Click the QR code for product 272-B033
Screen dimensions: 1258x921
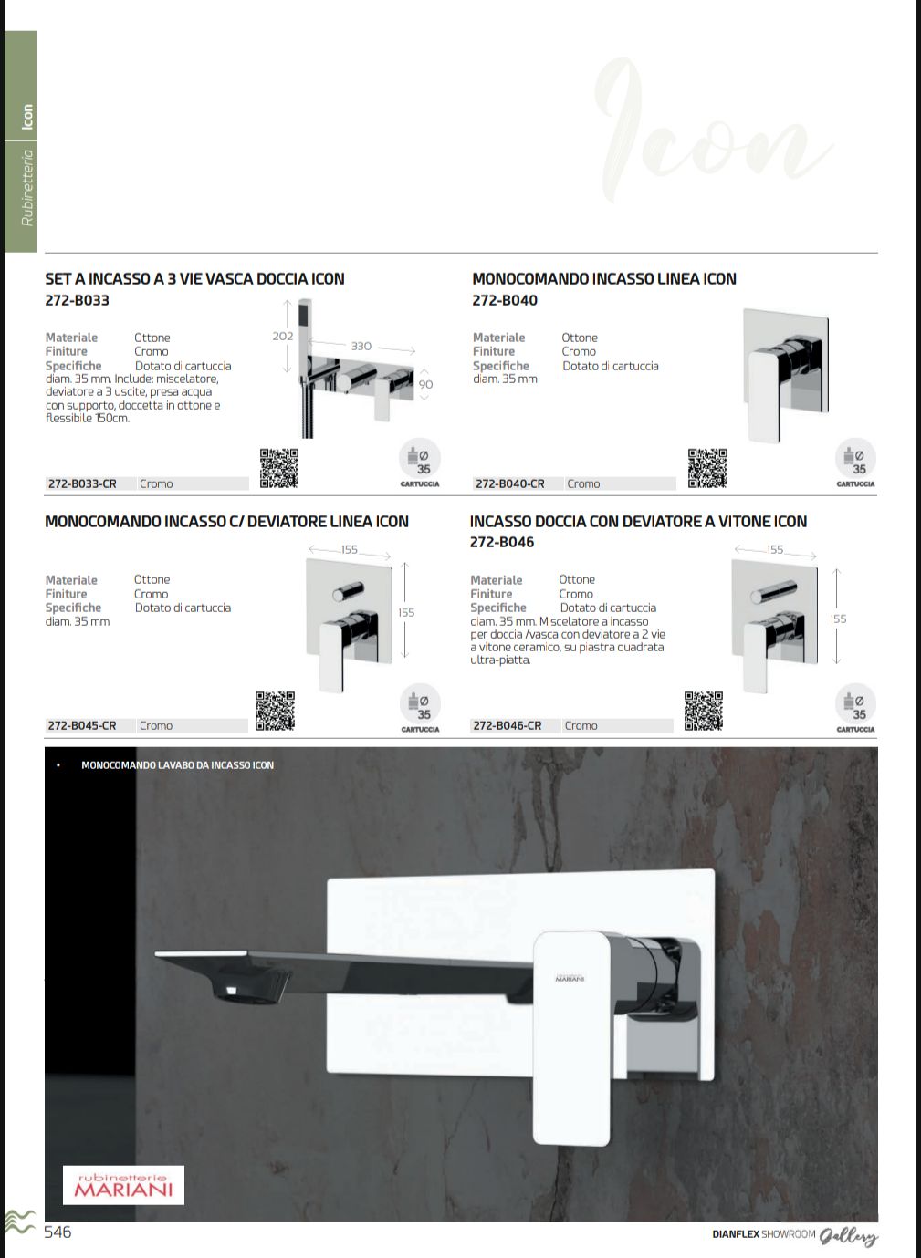coord(278,468)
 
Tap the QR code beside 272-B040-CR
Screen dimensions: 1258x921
coord(707,468)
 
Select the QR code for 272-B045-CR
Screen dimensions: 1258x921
coord(275,711)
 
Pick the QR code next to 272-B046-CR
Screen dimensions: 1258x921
coord(704,711)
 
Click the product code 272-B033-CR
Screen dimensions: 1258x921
coord(82,483)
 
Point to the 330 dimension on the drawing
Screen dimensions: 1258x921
coord(361,347)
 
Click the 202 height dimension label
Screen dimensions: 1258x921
coord(283,337)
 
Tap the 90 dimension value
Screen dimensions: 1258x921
coord(425,384)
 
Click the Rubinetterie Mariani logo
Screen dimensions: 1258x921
coord(123,1184)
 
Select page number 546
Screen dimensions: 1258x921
coord(58,1232)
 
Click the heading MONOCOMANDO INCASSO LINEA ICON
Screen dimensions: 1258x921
coord(603,279)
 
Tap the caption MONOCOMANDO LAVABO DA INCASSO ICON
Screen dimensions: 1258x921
coord(177,765)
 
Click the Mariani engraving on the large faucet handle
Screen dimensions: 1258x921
coord(570,979)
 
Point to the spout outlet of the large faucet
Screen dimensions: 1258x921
coord(239,990)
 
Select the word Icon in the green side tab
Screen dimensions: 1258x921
coord(27,117)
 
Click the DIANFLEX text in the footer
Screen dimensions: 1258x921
coord(736,1234)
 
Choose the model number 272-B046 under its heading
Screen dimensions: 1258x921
coord(502,542)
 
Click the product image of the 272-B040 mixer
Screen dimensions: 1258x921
coord(784,375)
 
